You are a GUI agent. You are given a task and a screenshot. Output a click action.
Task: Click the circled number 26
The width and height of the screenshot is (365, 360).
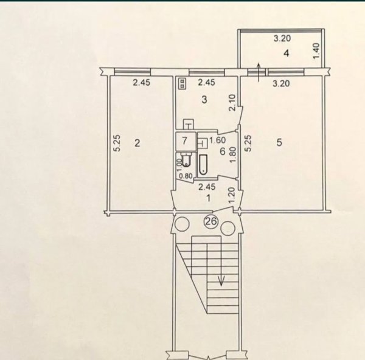[211, 221]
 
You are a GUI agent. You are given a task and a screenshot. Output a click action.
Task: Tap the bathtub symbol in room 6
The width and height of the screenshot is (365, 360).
[203, 165]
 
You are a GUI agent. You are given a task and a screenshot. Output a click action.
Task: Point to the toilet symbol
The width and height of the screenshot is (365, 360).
[186, 160]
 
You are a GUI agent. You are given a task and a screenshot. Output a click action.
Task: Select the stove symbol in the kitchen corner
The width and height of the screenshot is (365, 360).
[182, 83]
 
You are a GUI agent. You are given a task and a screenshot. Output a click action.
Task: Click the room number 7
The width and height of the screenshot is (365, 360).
[184, 141]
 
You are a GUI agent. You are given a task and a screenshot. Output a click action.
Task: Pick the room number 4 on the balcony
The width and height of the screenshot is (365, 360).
[287, 54]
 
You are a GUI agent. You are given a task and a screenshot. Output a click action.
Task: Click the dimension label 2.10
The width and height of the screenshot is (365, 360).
[233, 103]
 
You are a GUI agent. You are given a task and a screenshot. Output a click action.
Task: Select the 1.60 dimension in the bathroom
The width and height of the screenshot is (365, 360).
[217, 140]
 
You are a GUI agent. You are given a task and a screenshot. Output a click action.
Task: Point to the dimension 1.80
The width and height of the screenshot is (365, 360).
[233, 154]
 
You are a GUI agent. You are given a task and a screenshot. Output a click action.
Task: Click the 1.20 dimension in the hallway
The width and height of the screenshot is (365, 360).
[233, 195]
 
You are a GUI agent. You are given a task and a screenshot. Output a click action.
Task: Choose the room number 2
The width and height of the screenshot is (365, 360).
[137, 143]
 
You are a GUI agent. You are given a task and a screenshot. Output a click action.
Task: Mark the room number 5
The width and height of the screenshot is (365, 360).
[279, 142]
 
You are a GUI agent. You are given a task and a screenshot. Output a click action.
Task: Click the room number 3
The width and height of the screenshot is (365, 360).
[204, 100]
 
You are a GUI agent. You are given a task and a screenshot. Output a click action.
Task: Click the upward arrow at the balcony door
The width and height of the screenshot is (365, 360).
[259, 72]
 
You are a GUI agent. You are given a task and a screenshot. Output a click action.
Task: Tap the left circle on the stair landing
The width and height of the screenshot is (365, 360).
[182, 224]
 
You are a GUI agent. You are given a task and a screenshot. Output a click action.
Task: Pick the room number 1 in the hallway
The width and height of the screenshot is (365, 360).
[208, 198]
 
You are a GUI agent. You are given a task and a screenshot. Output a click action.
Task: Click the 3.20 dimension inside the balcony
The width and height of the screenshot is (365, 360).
[282, 38]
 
